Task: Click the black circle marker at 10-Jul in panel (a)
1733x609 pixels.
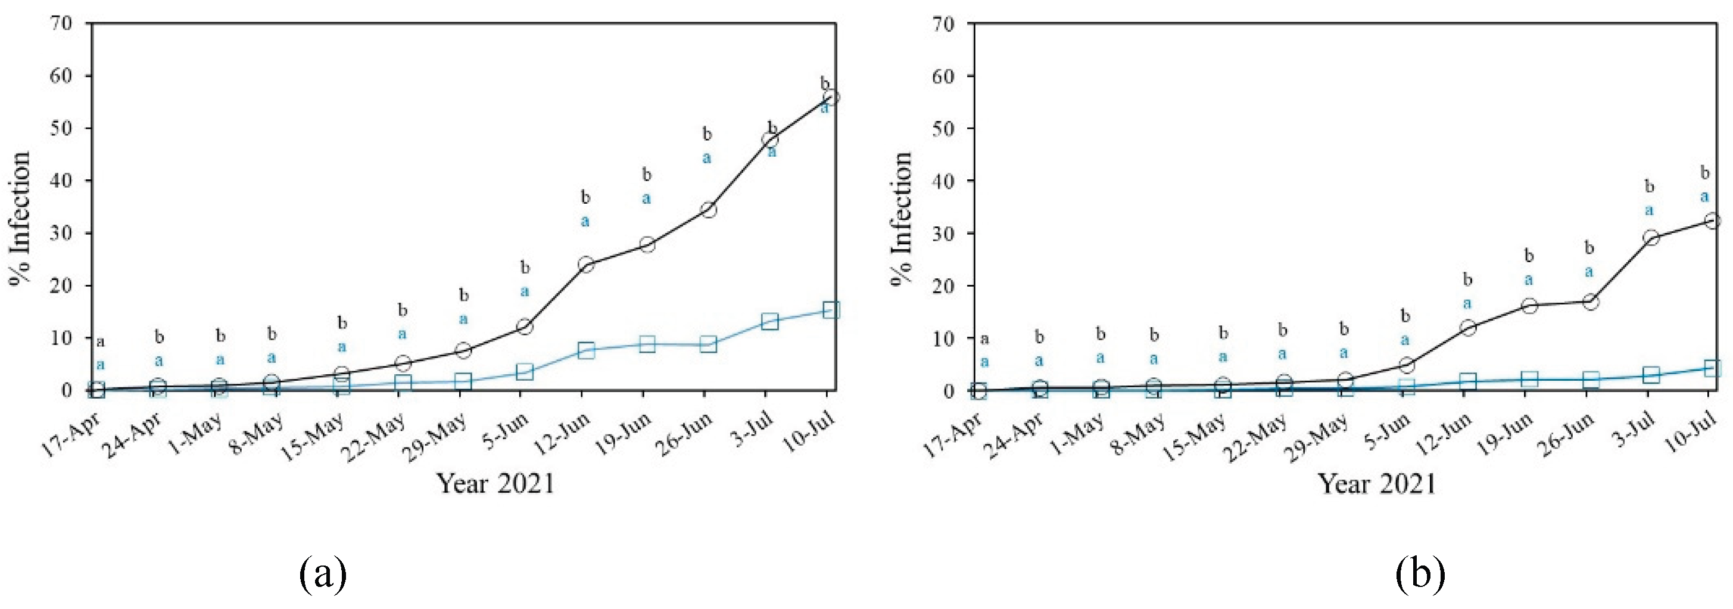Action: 830,97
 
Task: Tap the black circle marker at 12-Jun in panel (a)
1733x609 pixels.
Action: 586,265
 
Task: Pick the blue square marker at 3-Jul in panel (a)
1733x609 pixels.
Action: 769,322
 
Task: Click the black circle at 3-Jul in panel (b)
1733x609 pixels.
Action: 1651,238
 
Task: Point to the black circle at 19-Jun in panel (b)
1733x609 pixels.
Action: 1529,306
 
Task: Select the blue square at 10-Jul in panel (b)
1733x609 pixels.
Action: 1712,368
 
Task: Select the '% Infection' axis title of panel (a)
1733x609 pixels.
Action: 21,219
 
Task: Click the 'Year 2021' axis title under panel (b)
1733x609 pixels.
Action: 1376,484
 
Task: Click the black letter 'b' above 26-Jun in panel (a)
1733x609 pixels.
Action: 707,135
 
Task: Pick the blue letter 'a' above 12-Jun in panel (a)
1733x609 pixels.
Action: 585,220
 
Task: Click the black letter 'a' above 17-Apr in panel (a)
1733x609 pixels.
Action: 100,341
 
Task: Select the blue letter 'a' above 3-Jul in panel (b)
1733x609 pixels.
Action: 1649,210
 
